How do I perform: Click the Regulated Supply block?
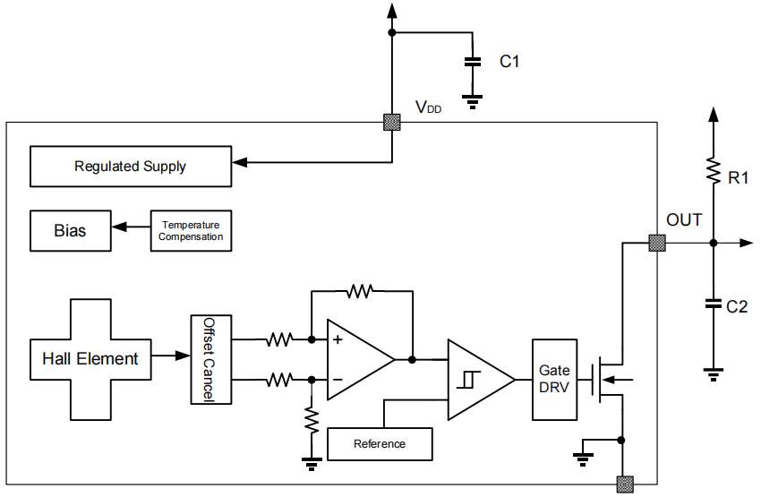coord(131,167)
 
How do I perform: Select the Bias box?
coord(70,231)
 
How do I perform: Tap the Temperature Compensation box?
coord(191,231)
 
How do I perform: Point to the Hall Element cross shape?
coord(90,359)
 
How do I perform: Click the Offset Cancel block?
coord(210,359)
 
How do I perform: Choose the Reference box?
coord(380,443)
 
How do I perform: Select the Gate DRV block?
coord(552,380)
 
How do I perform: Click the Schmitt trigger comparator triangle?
coord(477,380)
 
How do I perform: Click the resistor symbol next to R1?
coord(714,170)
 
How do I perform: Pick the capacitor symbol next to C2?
coord(714,304)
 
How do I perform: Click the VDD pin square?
coord(391,123)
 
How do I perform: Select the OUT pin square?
coord(657,243)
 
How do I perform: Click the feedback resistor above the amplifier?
coord(361,290)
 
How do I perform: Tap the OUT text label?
coord(684,220)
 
